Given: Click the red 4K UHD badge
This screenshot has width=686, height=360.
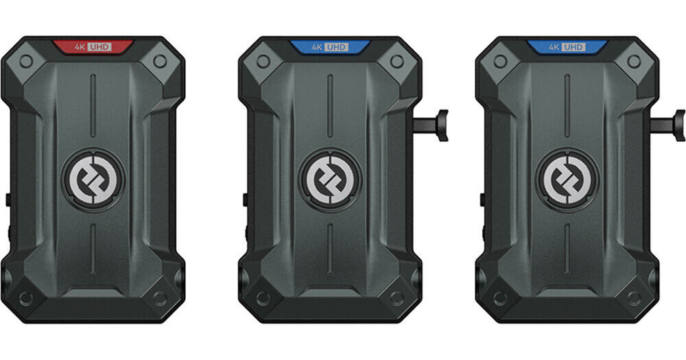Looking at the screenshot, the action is pyautogui.click(x=93, y=47).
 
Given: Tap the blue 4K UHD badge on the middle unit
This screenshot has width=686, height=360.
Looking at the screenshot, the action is pyautogui.click(x=330, y=47).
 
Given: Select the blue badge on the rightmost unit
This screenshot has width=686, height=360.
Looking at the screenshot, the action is pyautogui.click(x=567, y=47).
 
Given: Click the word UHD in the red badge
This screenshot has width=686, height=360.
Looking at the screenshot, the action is pyautogui.click(x=99, y=47).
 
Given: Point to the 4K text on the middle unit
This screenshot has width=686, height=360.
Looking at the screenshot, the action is pyautogui.click(x=318, y=47).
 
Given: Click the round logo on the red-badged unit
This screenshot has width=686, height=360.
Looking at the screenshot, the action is pyautogui.click(x=93, y=180).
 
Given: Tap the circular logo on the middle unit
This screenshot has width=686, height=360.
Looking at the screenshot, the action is pyautogui.click(x=331, y=180).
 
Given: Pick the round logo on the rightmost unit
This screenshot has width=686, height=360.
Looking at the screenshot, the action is pyautogui.click(x=567, y=180).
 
